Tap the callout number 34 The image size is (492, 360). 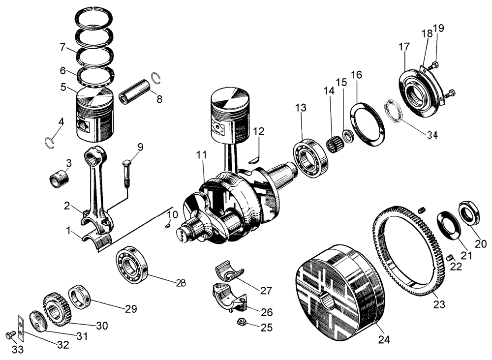[431, 135]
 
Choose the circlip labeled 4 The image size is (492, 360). [48, 143]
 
